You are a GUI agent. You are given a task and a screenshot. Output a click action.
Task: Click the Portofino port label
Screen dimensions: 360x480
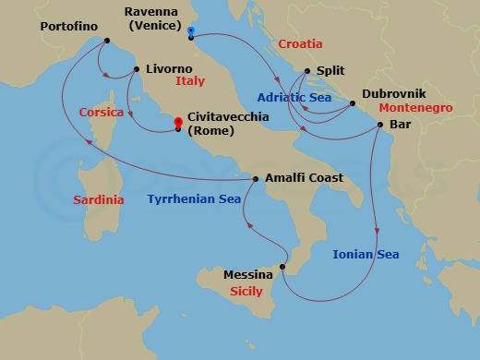pos(70,27)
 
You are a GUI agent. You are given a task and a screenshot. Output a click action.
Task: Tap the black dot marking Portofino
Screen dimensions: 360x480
pos(107,41)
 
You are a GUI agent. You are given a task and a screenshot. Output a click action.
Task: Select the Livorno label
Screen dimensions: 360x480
pos(169,69)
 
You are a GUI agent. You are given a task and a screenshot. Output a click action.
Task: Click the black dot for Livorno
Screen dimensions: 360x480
pos(136,69)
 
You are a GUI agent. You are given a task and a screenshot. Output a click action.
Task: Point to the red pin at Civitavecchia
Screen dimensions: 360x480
pos(178,124)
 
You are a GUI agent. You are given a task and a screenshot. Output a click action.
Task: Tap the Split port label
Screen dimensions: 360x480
pos(330,70)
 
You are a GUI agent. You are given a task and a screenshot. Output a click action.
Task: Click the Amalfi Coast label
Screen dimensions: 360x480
pos(304,178)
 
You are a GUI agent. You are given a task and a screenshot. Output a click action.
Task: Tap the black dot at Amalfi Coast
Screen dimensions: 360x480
pos(256,178)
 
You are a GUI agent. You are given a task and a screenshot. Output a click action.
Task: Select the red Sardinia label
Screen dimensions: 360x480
pos(97,198)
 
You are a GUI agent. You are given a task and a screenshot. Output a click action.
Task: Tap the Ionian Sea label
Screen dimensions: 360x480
pos(366,254)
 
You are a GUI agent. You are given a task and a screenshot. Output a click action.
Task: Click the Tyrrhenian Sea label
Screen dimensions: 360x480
pos(194,198)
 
